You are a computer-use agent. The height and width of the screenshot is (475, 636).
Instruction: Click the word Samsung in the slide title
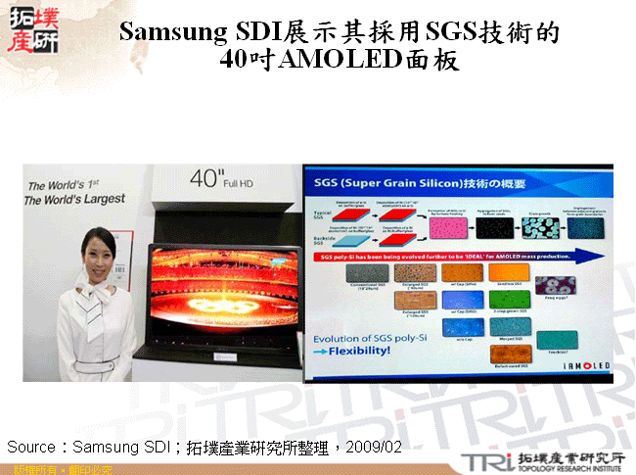coord(172,32)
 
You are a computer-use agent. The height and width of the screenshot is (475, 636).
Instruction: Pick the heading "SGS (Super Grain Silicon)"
coord(376,182)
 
